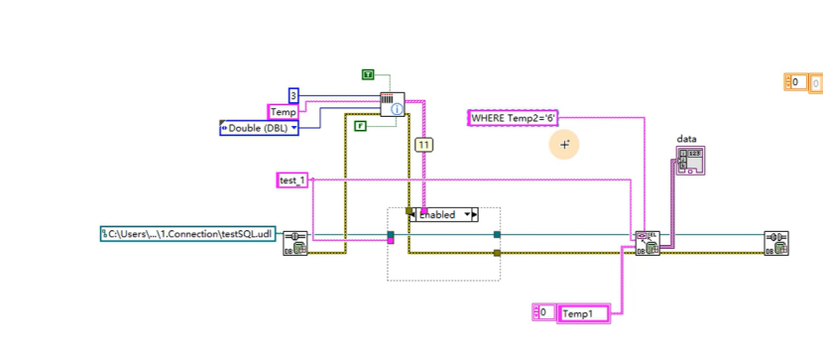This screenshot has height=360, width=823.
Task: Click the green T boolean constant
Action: [x=368, y=74]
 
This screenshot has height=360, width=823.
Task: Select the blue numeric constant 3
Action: [x=294, y=95]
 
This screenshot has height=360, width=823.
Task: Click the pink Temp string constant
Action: [x=283, y=112]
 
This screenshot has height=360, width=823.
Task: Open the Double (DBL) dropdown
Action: [x=260, y=128]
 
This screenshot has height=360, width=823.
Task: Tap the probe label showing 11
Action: [x=424, y=145]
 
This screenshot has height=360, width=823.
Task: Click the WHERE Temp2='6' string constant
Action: [x=514, y=118]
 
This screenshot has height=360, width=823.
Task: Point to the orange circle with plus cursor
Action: [x=565, y=145]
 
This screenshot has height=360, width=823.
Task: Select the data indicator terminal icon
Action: [x=690, y=161]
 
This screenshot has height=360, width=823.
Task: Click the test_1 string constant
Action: [x=293, y=180]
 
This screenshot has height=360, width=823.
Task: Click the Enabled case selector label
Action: [x=439, y=214]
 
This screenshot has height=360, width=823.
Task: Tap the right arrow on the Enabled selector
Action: [x=473, y=214]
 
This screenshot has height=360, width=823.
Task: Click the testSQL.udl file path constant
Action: [x=187, y=234]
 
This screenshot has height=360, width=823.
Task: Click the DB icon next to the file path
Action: [x=294, y=244]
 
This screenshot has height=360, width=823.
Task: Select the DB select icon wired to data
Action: [x=647, y=244]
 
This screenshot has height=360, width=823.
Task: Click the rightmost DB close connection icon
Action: [x=776, y=244]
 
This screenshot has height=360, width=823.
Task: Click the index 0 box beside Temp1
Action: [x=543, y=312]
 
